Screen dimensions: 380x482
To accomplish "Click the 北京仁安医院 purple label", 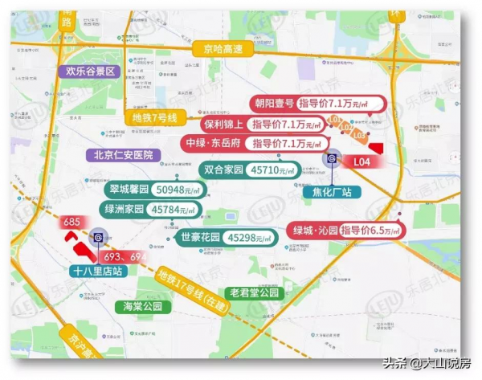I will coord(125,155).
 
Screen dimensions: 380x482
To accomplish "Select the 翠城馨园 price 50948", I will coord(183,190).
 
